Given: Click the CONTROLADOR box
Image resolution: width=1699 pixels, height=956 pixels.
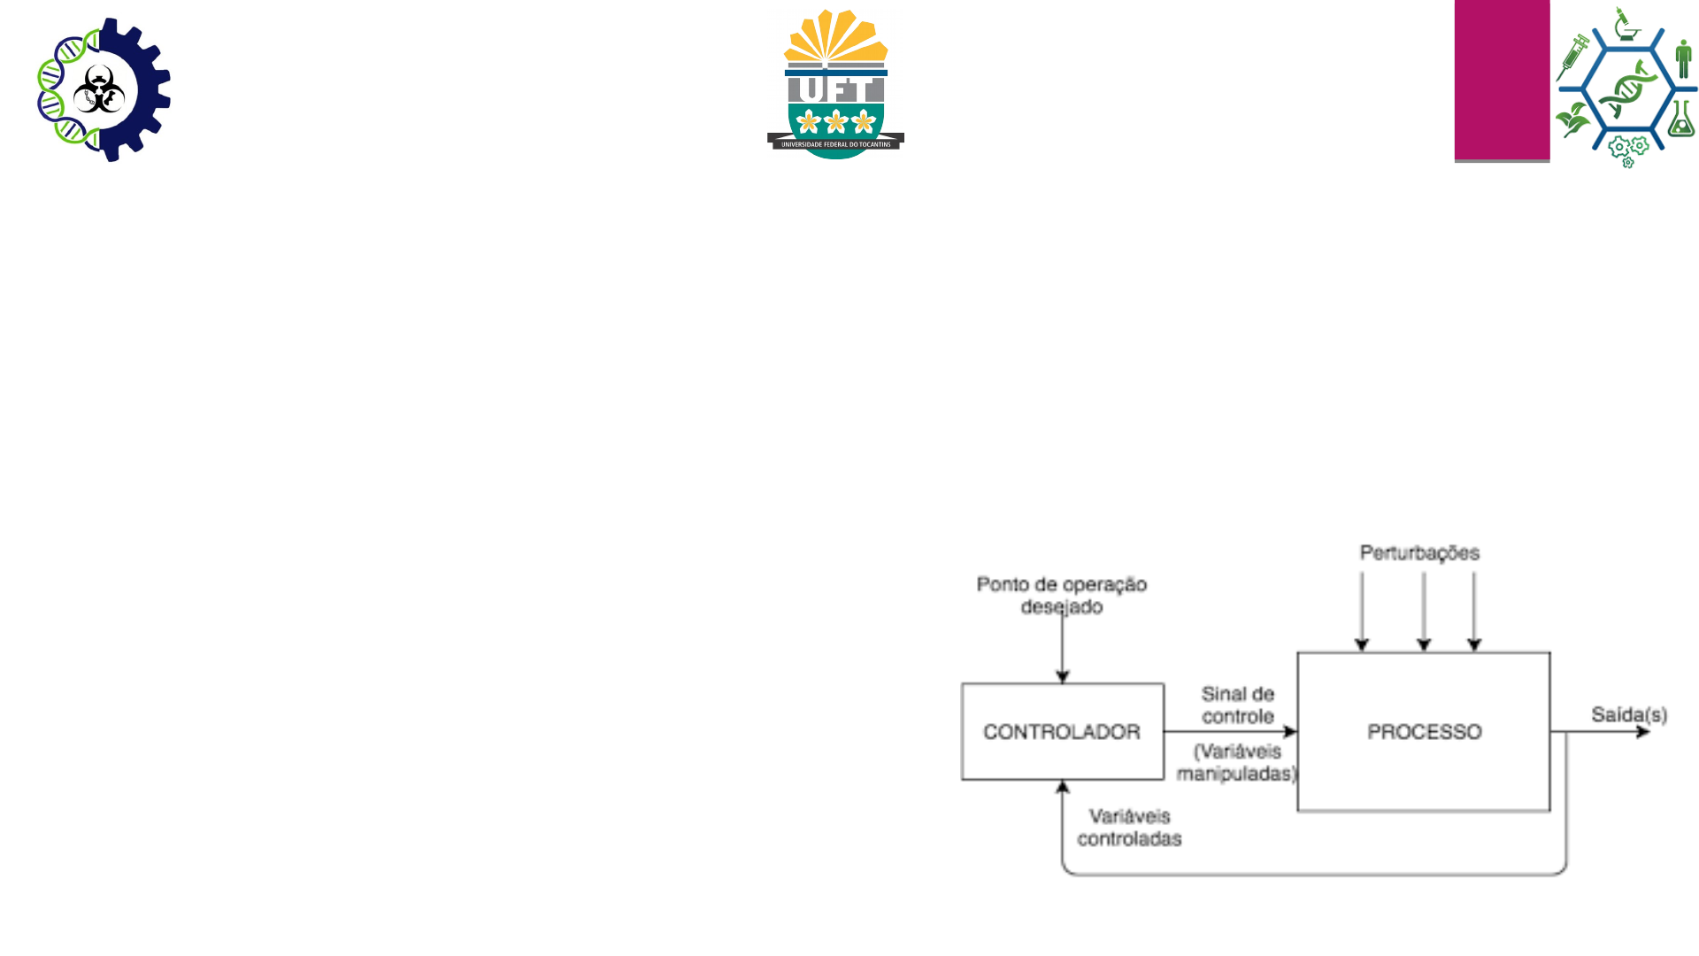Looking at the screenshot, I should coord(1062,732).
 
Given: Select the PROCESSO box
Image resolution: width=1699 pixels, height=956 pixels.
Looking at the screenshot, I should coord(1423,732).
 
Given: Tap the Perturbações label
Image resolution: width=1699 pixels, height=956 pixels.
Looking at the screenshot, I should coord(1419,553).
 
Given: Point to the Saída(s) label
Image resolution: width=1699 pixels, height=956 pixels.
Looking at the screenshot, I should coord(1628,714).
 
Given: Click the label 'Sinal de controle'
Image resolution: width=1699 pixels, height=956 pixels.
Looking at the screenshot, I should coord(1237,705).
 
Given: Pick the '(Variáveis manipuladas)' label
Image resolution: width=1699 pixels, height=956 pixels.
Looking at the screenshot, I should coord(1237,762).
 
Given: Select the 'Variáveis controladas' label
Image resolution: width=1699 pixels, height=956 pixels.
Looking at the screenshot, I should coord(1129,828).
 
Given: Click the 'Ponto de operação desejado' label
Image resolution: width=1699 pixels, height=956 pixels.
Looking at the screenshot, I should coord(1062,595).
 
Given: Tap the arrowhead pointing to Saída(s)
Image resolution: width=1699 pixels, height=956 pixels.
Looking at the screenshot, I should coord(1643,732).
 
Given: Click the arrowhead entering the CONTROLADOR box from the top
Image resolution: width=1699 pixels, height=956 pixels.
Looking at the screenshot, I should coord(1063,677).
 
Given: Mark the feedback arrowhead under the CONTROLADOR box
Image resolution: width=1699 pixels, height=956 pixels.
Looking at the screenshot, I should coord(1063,786).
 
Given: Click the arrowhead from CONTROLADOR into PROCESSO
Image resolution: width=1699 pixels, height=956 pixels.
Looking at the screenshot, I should coord(1291,732).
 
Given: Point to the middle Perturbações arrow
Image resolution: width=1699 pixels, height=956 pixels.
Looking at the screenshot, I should coord(1424,611).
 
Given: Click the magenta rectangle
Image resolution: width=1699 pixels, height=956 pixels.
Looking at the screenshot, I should coord(1502,80).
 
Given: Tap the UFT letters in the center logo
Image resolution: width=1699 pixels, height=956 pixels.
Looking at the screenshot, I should coord(835,89).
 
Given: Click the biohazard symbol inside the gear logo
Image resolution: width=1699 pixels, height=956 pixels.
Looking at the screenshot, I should coord(98,89).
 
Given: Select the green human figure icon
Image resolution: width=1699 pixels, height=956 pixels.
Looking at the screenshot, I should coord(1683,58).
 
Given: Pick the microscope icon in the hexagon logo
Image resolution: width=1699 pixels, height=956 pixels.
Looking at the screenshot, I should coord(1625,25).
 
